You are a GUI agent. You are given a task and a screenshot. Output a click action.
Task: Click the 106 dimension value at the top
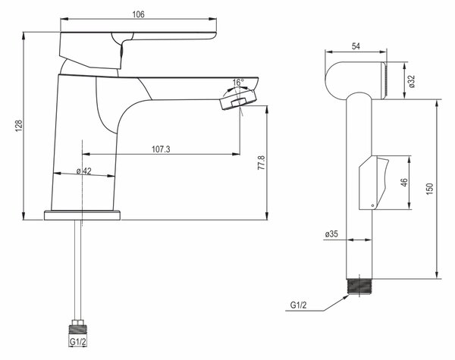tap(138, 14)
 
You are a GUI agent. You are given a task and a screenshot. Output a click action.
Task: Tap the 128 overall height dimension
tap(18, 126)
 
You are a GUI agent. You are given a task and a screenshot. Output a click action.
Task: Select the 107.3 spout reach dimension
tap(161, 149)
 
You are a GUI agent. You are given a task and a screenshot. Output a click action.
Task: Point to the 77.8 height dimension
tap(261, 162)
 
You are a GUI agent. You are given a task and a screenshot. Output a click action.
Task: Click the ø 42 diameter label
tap(84, 171)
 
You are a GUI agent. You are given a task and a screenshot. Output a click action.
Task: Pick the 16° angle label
tap(238, 83)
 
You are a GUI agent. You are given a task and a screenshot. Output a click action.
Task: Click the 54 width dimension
tap(356, 46)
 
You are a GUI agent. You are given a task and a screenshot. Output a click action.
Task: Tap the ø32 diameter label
tap(412, 82)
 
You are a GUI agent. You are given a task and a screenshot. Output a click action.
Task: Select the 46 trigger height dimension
tap(403, 183)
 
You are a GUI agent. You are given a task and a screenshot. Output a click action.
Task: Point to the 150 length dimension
tap(430, 189)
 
